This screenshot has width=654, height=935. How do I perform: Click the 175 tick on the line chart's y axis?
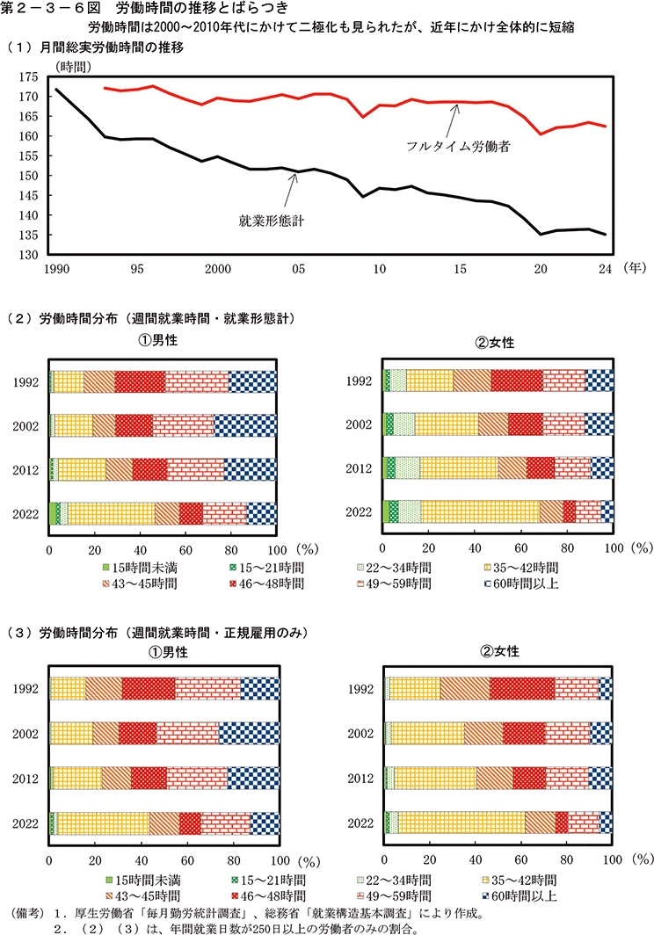point(37,77)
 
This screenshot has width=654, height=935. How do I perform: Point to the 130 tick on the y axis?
point(37,255)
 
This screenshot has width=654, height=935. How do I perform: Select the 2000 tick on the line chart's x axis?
point(217,269)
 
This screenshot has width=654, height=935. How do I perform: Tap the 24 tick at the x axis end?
point(605,269)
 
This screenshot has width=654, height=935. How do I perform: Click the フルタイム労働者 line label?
point(459,146)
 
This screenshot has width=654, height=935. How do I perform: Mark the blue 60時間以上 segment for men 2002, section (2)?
point(245,425)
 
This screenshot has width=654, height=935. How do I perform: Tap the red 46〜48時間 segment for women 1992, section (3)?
point(522,689)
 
